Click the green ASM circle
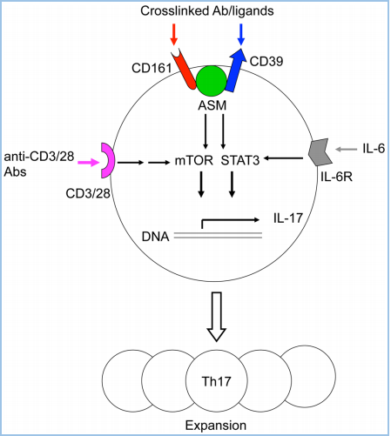click(212, 81)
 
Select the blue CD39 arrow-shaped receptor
click(235, 69)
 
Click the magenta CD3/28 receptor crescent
click(108, 160)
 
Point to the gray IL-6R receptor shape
click(320, 151)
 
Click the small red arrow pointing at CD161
click(173, 34)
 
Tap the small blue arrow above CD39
click(241, 34)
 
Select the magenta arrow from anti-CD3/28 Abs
click(89, 163)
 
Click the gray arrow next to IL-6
click(346, 149)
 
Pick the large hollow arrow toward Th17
click(216, 316)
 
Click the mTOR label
click(194, 160)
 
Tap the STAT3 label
click(240, 160)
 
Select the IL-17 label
click(288, 218)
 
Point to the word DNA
click(155, 237)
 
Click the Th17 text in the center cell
click(216, 381)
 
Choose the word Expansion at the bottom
click(216, 426)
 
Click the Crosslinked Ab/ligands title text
click(207, 11)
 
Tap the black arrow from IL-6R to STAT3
click(284, 158)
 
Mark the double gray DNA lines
click(218, 235)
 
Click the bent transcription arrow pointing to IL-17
click(229, 220)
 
